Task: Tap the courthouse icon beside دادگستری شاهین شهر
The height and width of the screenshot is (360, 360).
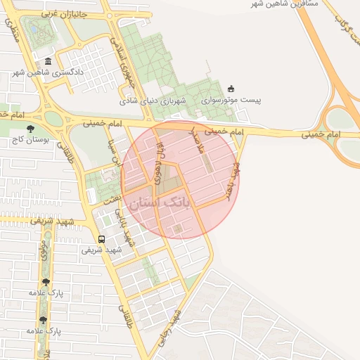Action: [47, 62]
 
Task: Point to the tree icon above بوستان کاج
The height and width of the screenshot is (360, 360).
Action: [30, 129]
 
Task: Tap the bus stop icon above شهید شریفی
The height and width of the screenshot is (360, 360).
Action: [101, 239]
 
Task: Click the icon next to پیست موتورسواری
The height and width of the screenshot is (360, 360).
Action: [231, 89]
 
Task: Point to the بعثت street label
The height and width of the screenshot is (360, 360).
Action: [115, 200]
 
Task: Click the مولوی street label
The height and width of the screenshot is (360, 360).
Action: [44, 257]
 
